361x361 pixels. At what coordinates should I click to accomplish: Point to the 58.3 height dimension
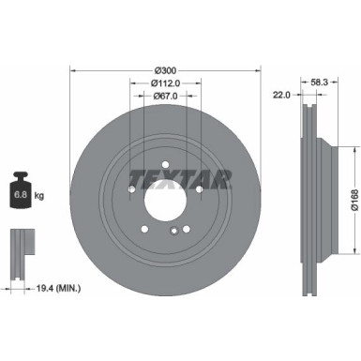(318, 83)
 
